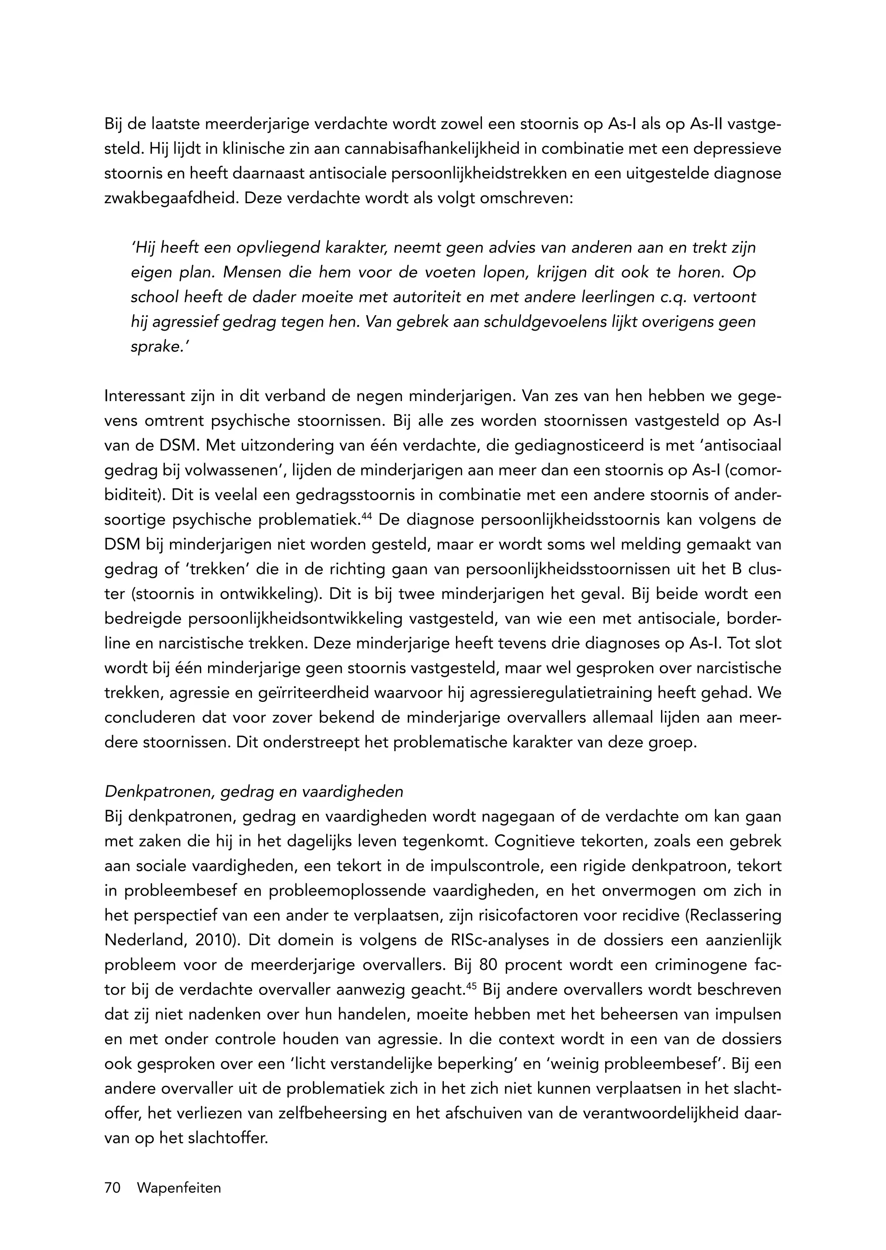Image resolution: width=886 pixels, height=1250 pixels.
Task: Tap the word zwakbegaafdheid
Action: [171, 198]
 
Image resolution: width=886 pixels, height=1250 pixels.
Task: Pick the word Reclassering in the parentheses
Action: [736, 916]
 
